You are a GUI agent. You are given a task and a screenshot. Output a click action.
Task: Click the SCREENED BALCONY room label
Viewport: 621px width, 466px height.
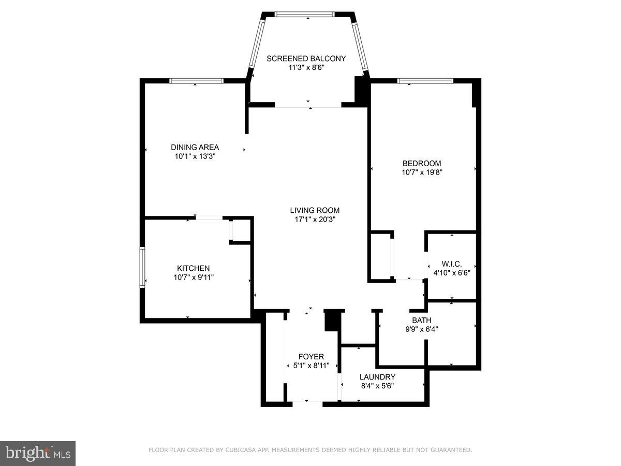[306, 59]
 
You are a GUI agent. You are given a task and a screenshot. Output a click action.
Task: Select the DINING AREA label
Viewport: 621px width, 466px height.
[195, 147]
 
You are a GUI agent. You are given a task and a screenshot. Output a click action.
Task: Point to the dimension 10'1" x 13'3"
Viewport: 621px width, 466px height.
[195, 156]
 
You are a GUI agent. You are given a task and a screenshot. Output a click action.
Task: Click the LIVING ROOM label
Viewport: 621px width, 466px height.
[315, 210]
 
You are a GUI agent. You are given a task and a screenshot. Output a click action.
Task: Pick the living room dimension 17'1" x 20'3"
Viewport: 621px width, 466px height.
[315, 219]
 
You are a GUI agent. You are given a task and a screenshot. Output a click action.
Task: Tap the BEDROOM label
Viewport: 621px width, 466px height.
[422, 163]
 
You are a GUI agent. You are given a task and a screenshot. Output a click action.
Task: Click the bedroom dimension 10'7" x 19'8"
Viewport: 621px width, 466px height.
[422, 172]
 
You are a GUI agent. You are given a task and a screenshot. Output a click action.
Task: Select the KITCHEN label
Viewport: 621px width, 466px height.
[194, 268]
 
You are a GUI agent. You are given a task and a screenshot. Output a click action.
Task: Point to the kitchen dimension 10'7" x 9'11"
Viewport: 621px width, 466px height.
[194, 277]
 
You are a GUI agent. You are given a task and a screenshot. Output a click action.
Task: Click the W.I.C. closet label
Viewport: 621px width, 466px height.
[452, 263]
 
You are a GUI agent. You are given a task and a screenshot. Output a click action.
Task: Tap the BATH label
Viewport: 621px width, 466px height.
[421, 320]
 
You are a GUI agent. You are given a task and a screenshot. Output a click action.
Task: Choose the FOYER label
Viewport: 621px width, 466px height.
[311, 356]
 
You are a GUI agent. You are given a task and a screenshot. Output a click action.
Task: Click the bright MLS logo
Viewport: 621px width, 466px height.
[38, 454]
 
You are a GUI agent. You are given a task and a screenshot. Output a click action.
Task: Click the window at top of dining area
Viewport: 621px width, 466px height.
[197, 81]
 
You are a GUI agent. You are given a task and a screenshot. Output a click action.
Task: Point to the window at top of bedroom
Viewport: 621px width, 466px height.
[425, 81]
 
